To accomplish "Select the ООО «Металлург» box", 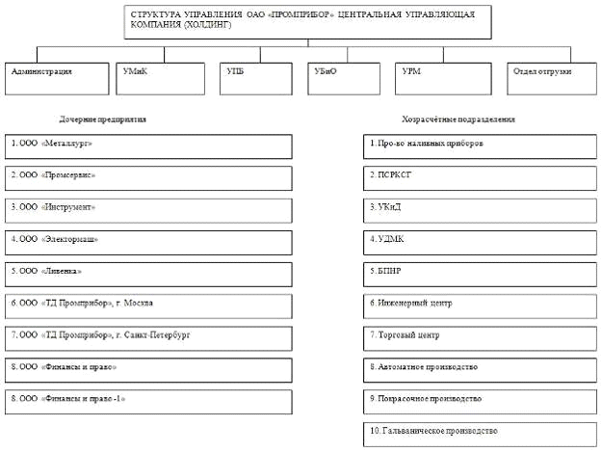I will pos(148,146).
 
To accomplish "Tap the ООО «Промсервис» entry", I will pos(148,178).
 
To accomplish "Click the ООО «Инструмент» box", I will pos(148,210).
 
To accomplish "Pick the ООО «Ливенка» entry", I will pos(148,274).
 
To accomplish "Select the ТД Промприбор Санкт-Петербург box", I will pos(148,337).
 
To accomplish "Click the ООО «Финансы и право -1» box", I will pos(148,401).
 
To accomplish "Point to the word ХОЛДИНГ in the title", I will pos(216,26).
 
